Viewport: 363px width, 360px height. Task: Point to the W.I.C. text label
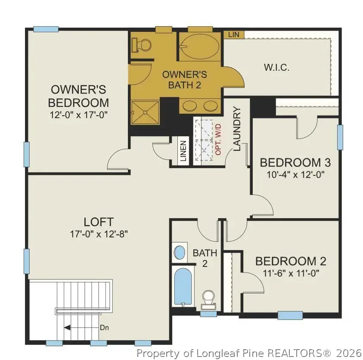(276, 68)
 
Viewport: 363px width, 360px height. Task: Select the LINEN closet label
(183, 151)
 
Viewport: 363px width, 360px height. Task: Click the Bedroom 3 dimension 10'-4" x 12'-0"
(295, 175)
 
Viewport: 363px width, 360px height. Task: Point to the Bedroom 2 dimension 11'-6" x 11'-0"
(291, 273)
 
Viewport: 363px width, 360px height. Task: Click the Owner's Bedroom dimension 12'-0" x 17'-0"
(78, 115)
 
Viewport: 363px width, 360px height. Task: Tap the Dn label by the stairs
(104, 327)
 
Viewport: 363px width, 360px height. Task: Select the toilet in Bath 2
(208, 299)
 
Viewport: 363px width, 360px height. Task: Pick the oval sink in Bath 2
(179, 252)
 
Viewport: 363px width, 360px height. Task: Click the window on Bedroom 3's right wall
(340, 138)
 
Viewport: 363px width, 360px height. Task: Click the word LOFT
(99, 222)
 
